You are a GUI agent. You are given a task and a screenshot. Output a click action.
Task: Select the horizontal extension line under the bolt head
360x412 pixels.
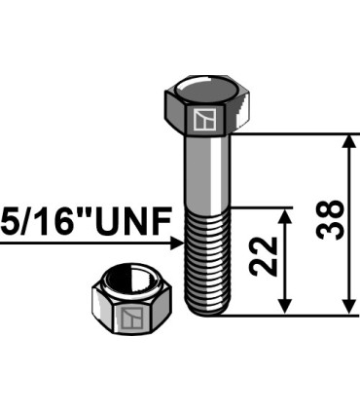[x=292, y=133]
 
